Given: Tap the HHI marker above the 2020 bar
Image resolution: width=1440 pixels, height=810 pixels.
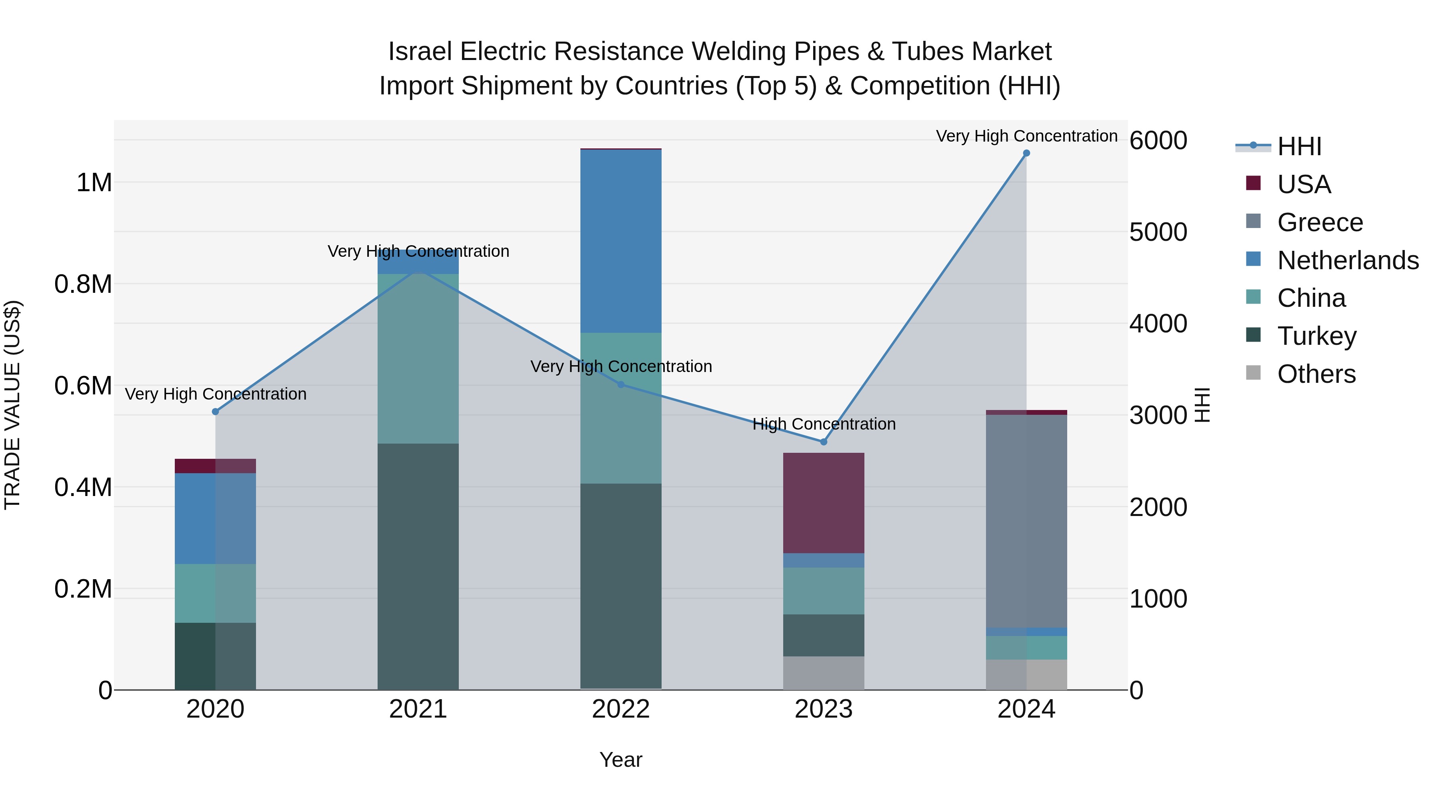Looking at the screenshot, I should coord(215,412).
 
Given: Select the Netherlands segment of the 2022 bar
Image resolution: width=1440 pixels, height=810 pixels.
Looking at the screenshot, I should coord(620,240).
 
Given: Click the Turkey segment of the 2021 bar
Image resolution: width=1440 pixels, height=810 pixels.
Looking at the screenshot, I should coord(418,564).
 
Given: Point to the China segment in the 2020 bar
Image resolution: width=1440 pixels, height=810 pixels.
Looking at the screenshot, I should coord(215,592).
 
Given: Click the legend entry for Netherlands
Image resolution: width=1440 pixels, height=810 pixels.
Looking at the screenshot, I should coord(1347,260).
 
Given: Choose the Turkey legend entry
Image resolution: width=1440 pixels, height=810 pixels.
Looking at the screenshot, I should coord(1316,336).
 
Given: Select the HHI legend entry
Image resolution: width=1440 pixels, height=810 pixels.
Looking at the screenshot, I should coord(1299,146).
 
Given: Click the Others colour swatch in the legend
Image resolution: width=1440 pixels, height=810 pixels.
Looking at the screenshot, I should coord(1253,372).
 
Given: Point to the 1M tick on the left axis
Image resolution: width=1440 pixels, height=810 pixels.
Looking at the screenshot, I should coord(94,183).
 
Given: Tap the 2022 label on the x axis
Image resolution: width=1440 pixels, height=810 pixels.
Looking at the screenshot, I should coord(620,709).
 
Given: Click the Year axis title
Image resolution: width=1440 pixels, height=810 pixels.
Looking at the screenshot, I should coord(620,760).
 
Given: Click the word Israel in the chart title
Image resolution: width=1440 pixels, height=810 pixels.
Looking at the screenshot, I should coord(419,52).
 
